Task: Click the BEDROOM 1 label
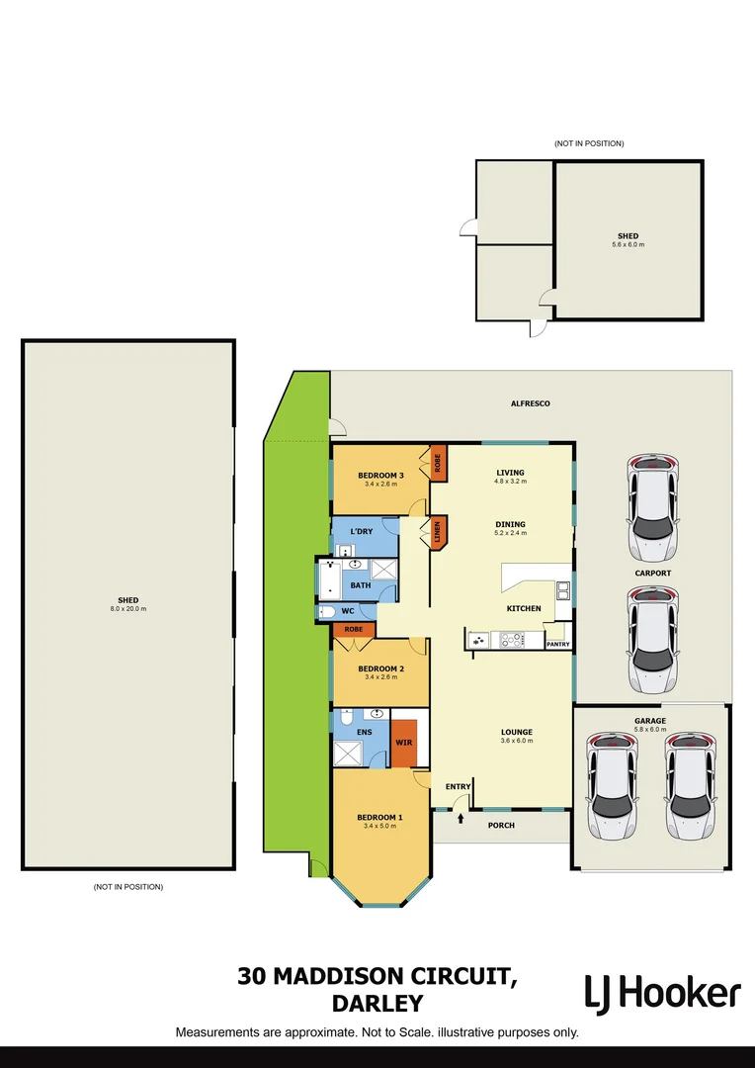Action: [x=379, y=817]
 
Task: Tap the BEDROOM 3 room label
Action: [x=380, y=476]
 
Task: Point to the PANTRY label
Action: [x=557, y=644]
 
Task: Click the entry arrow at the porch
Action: [x=461, y=818]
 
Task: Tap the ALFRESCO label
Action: [x=530, y=403]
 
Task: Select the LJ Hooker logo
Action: [x=661, y=992]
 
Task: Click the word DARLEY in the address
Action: [x=377, y=1004]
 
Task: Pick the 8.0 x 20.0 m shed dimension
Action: [x=128, y=609]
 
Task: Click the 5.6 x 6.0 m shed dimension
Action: [x=628, y=244]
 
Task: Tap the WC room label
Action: [x=348, y=611]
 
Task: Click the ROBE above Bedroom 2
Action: [x=353, y=629]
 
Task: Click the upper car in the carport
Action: [x=653, y=504]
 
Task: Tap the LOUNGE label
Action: [x=516, y=732]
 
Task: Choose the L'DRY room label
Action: [x=362, y=531]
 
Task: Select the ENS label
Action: [x=366, y=732]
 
